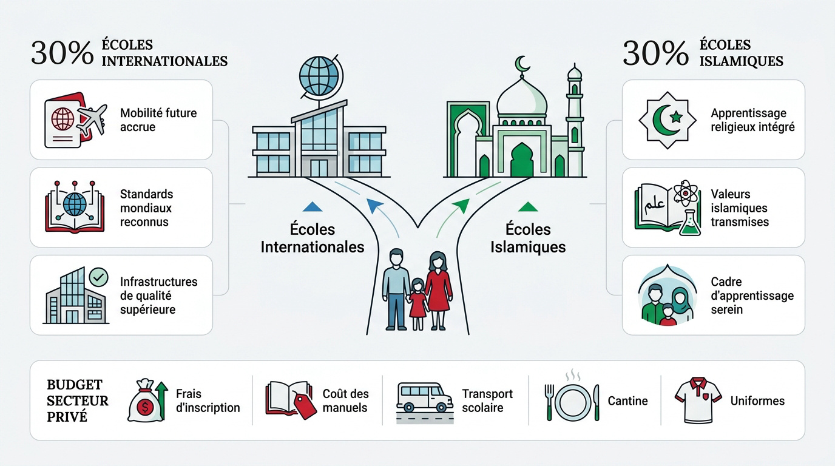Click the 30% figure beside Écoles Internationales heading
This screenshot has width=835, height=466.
coord(63,53)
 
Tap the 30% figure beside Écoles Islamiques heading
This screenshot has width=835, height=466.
coord(655,53)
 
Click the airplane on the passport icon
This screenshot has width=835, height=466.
coord(92,119)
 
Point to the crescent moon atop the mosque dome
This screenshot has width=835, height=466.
coord(522,64)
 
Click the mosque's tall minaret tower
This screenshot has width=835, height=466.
coord(575,120)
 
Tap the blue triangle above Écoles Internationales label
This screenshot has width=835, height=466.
coord(313,207)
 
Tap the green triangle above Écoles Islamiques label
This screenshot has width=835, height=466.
coord(528,207)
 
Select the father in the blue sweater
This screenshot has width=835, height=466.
coord(396,289)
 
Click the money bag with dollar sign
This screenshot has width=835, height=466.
coord(145,400)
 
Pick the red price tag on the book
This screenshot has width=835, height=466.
coord(304,405)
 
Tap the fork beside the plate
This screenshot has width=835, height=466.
coord(549,403)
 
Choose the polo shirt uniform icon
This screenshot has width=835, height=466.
coord(698,400)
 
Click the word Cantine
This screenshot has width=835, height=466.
coord(627,400)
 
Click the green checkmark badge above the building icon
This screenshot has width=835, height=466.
coord(99,277)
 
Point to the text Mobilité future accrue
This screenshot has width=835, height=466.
coord(158,120)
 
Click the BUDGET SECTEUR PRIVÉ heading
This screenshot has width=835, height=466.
coord(78,400)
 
